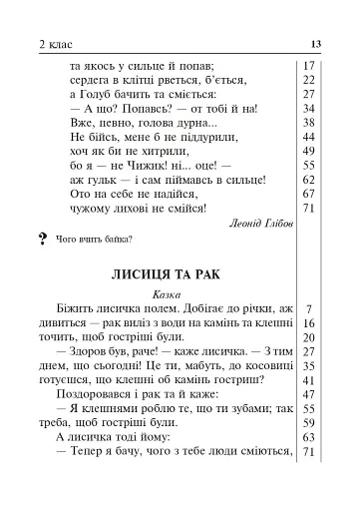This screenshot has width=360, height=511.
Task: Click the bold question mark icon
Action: coord(41,239)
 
